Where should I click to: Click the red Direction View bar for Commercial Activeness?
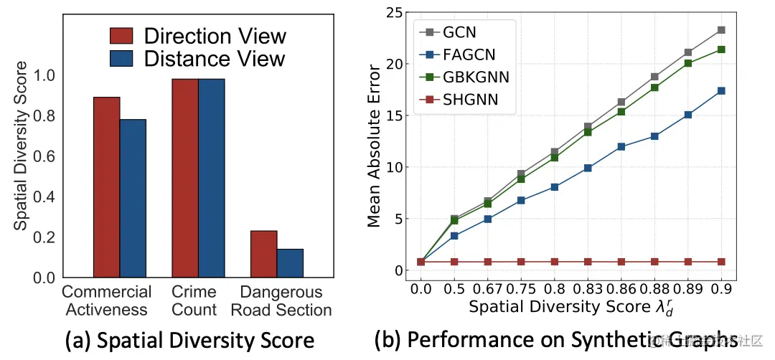[x=106, y=187]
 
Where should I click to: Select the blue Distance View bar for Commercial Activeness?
[x=133, y=198]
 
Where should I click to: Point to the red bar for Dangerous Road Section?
[x=263, y=254]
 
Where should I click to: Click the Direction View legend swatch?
[x=122, y=36]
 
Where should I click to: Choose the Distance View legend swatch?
[x=122, y=58]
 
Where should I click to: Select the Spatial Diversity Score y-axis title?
[x=22, y=146]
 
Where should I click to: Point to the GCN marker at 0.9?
[x=721, y=30]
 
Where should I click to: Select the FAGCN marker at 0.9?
[x=721, y=91]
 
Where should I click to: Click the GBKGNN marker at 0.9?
[x=721, y=49]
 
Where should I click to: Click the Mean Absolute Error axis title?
[x=375, y=146]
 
